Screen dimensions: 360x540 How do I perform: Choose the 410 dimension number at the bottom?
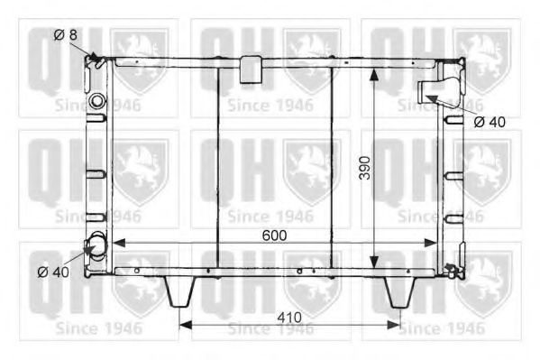pyautogui.click(x=291, y=317)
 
